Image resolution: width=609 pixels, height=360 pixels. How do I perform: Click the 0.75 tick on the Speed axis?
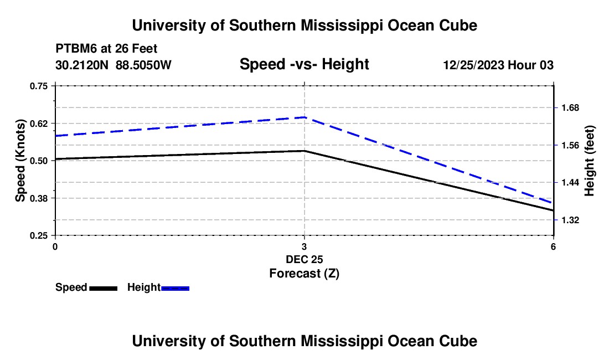[39, 86]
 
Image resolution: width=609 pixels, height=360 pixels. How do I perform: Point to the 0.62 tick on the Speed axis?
[39, 124]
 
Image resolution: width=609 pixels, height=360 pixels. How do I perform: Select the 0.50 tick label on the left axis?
[39, 161]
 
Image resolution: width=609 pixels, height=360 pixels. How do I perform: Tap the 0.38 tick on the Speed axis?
[39, 198]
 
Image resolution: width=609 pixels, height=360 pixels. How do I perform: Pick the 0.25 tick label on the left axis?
[39, 236]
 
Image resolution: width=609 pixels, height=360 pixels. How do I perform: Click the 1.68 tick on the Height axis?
[570, 107]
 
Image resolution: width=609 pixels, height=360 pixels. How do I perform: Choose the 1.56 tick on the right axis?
[570, 145]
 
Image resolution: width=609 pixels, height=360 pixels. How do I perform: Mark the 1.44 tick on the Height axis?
[570, 183]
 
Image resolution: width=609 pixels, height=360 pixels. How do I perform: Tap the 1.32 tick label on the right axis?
[570, 220]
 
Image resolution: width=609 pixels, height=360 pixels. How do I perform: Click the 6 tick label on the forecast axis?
[553, 246]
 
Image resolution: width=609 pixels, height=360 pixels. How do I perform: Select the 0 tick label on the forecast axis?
[55, 246]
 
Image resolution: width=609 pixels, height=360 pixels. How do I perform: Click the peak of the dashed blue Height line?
[304, 117]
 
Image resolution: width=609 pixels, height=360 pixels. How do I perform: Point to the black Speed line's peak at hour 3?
[304, 151]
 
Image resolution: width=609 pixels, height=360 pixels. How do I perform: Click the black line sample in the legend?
[104, 288]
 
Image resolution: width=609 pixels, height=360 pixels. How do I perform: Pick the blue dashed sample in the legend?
[175, 288]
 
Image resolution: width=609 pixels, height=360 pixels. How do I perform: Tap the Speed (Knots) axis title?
[20, 161]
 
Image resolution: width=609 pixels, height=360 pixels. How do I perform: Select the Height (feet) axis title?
[589, 161]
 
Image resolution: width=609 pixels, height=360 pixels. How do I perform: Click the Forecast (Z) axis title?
[304, 274]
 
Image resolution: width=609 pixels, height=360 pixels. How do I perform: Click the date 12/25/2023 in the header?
[474, 65]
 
